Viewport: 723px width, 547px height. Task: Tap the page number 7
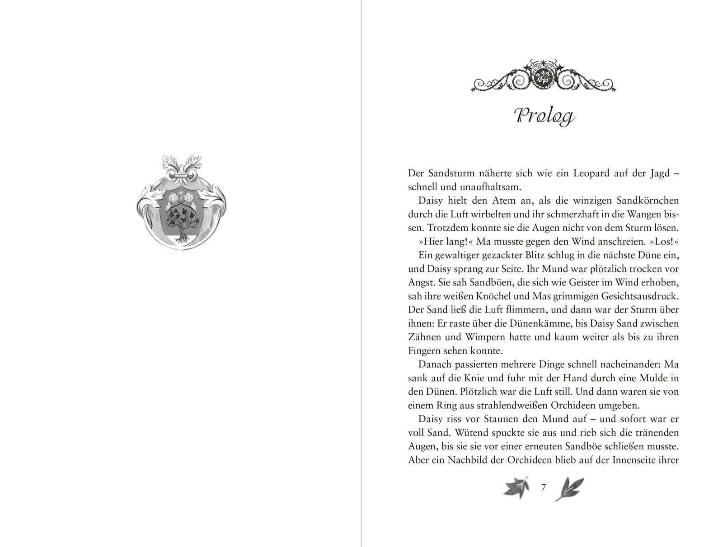click(x=544, y=487)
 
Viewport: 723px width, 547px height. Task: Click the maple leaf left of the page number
click(x=514, y=489)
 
